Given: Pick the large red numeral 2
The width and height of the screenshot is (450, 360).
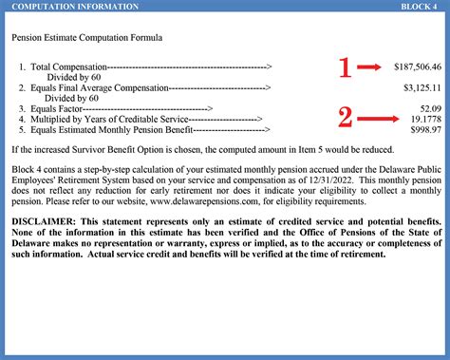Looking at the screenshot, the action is [x=347, y=118].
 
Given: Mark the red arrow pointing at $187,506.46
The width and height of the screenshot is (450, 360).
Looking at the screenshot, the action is [x=372, y=67].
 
